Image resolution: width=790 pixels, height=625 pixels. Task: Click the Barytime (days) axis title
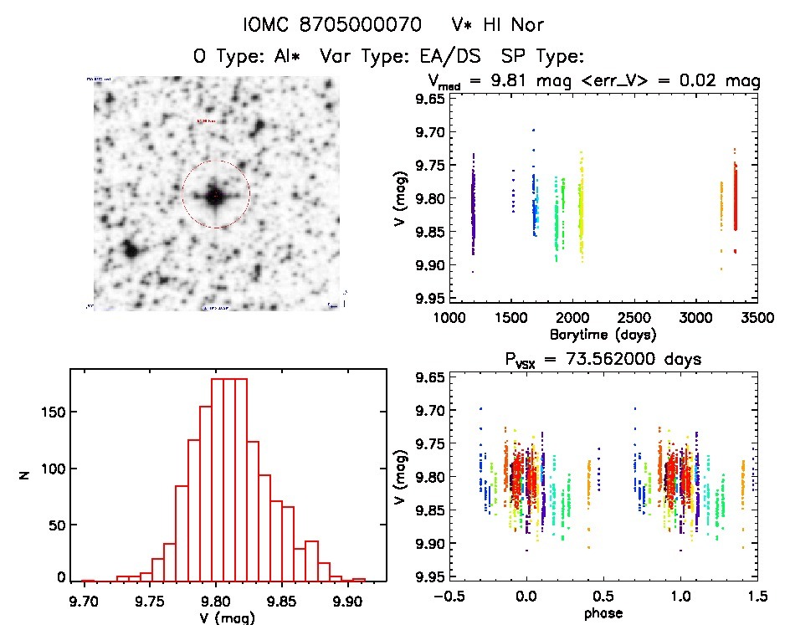click(603, 334)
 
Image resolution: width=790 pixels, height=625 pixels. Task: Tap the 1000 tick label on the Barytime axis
click(449, 318)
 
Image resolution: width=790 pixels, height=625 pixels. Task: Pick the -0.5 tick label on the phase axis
click(449, 597)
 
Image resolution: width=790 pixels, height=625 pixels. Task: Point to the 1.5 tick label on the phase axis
click(757, 597)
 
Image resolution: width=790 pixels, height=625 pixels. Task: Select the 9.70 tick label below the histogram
click(84, 599)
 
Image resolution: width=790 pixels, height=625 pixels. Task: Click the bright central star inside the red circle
click(215, 196)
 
